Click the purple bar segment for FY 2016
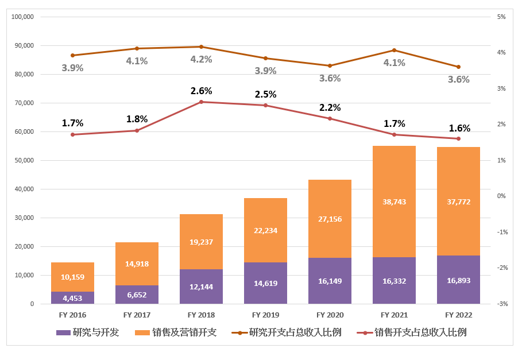coord(72,298)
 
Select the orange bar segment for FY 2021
coord(394,202)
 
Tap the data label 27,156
coord(330,219)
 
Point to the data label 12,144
coord(201,287)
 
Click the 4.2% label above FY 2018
coord(201,59)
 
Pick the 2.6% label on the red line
coord(201,91)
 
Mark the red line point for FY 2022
coord(458,138)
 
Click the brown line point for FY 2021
coord(394,51)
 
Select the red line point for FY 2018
coord(201,102)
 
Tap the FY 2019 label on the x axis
coord(265,315)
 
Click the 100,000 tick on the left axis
coord(22,17)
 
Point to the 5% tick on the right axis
coord(501,17)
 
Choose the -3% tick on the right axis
coord(502,304)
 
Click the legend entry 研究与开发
coord(87,332)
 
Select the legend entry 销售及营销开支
coord(176,332)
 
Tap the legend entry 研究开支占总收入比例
coord(287,332)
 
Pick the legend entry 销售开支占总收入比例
coord(412,332)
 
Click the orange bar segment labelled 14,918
coord(137,264)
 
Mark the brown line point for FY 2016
coord(72,55)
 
